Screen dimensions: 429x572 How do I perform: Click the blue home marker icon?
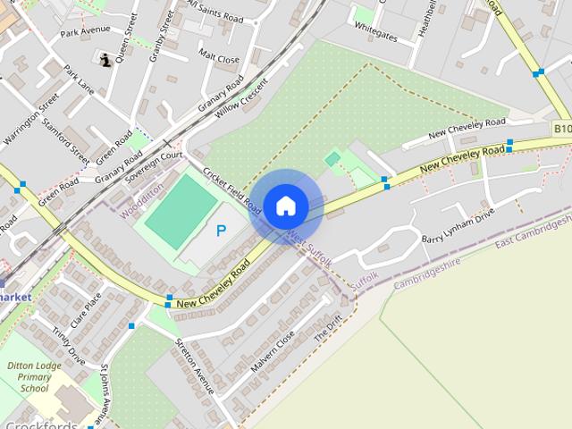click(285, 206)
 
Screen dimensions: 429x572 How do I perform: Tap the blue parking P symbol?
click(222, 231)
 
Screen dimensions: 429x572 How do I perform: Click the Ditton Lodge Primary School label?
click(34, 377)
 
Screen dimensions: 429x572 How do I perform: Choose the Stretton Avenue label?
click(194, 366)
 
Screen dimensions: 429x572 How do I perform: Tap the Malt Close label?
click(219, 58)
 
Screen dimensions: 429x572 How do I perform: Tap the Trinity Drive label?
click(68, 346)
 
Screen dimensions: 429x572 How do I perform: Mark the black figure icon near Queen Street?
click(106, 60)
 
